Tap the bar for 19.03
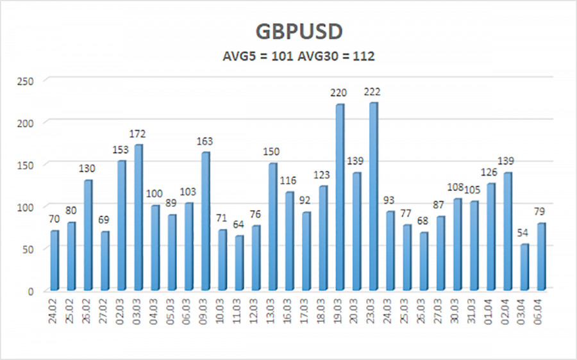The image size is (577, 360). coord(340,197)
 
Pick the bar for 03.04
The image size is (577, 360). coord(524,266)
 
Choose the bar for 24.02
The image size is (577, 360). coord(54,259)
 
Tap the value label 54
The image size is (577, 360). coord(524,233)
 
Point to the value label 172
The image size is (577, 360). coord(138,134)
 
